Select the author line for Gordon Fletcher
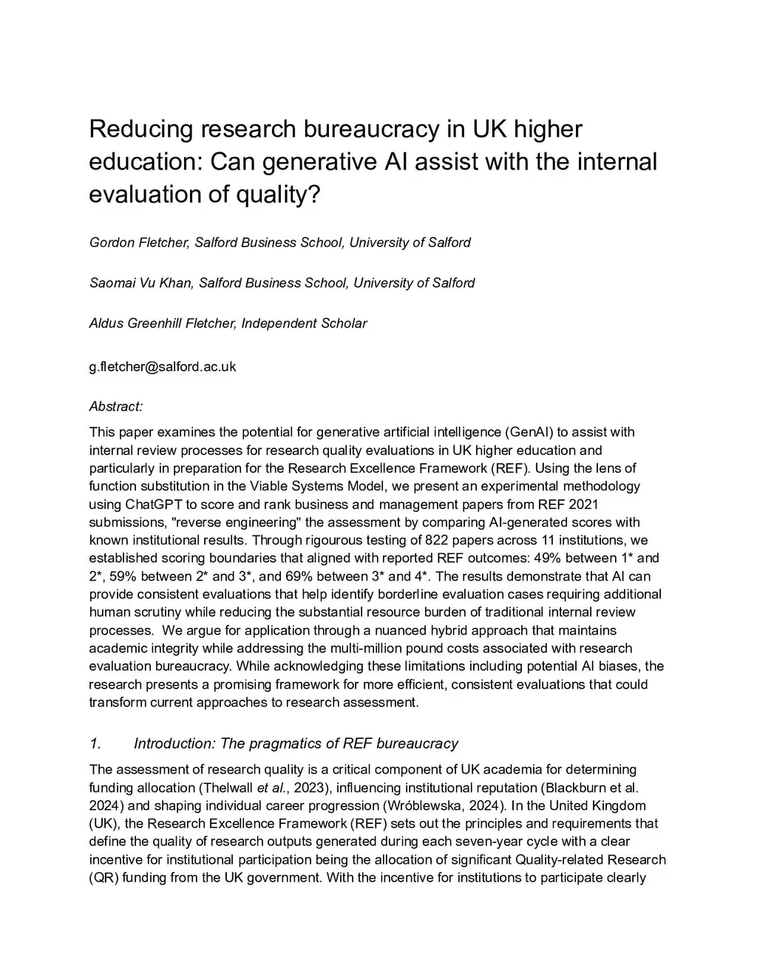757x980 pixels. pyautogui.click(x=279, y=243)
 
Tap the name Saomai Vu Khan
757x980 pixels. pyautogui.click(x=140, y=283)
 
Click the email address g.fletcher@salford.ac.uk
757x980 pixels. pyautogui.click(x=163, y=366)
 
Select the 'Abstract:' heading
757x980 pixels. pyautogui.click(x=115, y=406)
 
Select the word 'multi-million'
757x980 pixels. pyautogui.click(x=365, y=649)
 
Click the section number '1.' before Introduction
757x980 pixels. pyautogui.click(x=95, y=744)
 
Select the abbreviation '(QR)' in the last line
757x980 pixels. pyautogui.click(x=103, y=878)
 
